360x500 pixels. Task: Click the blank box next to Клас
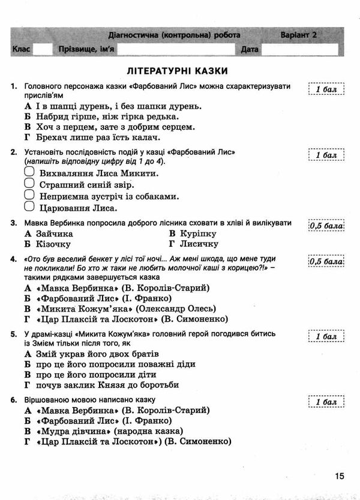[x=43, y=50]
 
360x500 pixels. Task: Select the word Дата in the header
[x=250, y=50]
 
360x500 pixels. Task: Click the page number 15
[x=339, y=476]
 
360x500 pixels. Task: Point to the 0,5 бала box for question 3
[x=326, y=226]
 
